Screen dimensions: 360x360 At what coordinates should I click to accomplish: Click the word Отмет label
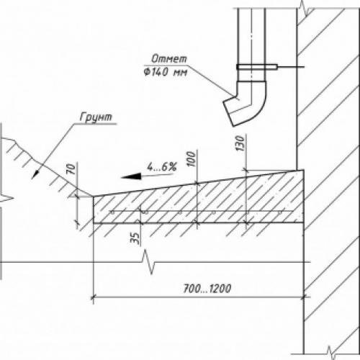point(169,58)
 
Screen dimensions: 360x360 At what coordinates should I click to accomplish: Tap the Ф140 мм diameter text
point(166,72)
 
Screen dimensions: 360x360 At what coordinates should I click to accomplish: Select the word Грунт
point(96,117)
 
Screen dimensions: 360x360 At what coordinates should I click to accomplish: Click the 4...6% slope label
point(162,166)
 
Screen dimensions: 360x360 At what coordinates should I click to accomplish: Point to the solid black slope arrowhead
point(132,176)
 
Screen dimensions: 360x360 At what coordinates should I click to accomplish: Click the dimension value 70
point(71,169)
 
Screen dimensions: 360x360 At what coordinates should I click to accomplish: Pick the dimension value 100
point(192,158)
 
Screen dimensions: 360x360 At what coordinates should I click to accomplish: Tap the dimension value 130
point(240,143)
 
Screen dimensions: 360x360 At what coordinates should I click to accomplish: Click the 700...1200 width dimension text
point(207,288)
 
